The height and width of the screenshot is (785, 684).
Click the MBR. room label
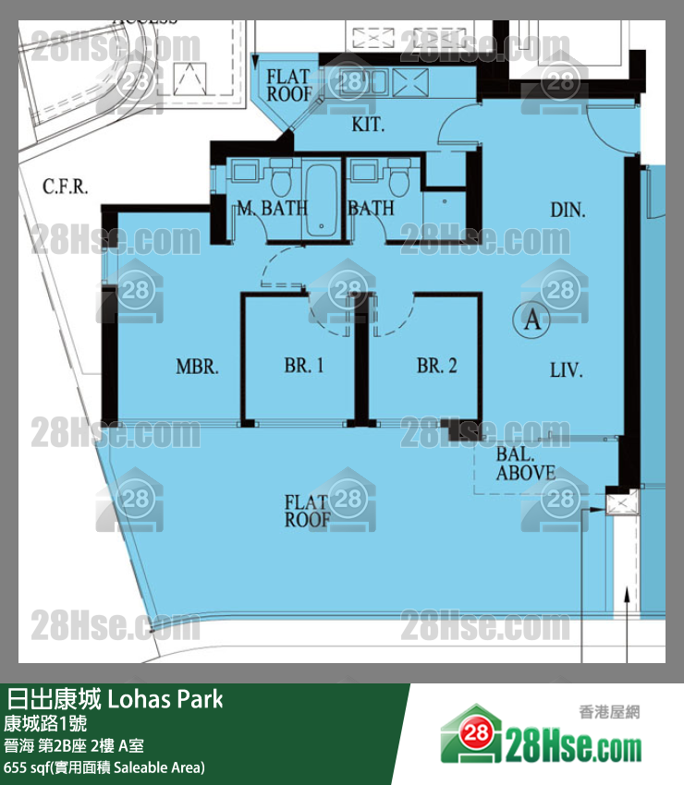click(197, 367)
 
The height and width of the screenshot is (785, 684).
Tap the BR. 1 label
click(303, 366)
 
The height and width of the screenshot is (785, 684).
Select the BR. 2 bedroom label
click(436, 366)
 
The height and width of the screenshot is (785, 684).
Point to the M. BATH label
click(271, 209)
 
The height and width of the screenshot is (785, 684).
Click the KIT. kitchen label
click(368, 125)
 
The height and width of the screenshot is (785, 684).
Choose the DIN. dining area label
click(568, 211)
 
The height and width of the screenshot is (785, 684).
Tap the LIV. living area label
click(566, 371)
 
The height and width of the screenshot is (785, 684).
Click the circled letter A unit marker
click(531, 320)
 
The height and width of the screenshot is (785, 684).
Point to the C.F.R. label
click(65, 187)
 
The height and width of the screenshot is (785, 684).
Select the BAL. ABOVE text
click(525, 465)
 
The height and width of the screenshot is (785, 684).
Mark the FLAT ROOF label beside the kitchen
click(289, 85)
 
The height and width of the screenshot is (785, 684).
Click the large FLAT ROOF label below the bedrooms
click(307, 511)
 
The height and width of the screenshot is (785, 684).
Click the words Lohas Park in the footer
click(166, 698)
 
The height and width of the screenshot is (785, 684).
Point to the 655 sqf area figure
click(28, 767)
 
